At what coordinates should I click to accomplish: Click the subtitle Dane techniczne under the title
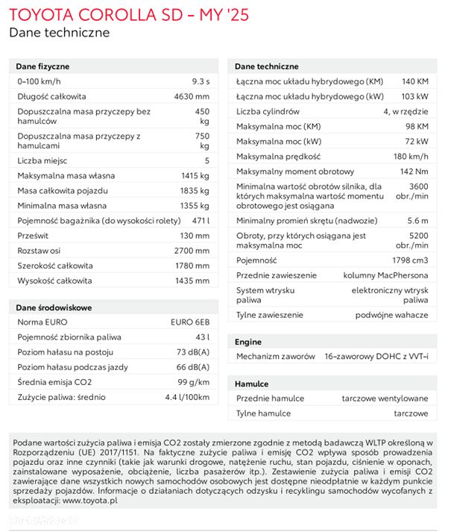click(59, 32)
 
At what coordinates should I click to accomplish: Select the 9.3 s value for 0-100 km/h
click(201, 80)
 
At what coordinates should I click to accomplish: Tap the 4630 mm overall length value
click(192, 96)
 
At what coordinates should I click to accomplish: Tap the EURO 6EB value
click(190, 322)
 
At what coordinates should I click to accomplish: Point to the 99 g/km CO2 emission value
click(194, 382)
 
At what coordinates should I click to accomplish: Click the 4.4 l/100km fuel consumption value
click(186, 397)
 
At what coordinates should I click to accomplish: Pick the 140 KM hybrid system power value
click(414, 81)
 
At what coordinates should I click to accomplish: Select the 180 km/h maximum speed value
click(410, 156)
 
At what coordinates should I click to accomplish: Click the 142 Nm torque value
click(414, 172)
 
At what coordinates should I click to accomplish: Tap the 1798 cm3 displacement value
click(409, 260)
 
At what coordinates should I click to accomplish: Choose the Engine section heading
click(248, 341)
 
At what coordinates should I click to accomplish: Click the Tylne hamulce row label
click(264, 413)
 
